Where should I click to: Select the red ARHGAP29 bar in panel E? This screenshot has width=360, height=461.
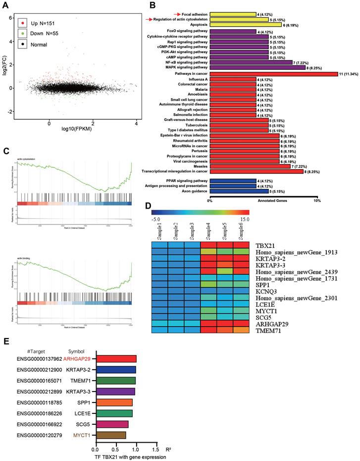point(116,358)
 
